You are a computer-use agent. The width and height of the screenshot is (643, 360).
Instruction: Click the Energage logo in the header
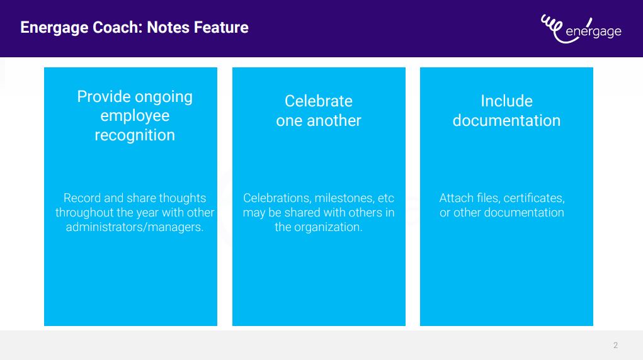pyautogui.click(x=581, y=29)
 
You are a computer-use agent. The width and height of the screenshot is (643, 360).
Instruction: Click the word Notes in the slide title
pyautogui.click(x=168, y=28)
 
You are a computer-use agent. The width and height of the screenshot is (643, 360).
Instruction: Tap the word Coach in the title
pyautogui.click(x=117, y=28)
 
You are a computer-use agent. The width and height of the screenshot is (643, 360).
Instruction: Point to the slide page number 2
pyautogui.click(x=615, y=346)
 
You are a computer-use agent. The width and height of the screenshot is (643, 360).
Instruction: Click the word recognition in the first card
pyautogui.click(x=135, y=135)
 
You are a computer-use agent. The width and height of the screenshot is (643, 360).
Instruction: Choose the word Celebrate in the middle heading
pyautogui.click(x=319, y=101)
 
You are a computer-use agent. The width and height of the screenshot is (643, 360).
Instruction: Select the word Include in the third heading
pyautogui.click(x=506, y=101)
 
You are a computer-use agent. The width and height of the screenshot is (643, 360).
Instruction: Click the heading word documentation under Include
pyautogui.click(x=506, y=121)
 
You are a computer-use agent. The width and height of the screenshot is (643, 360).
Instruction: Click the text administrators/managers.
pyautogui.click(x=135, y=227)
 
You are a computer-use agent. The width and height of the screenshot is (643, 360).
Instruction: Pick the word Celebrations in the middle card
pyautogui.click(x=276, y=198)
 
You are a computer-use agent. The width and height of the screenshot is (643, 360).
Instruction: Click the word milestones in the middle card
pyautogui.click(x=344, y=198)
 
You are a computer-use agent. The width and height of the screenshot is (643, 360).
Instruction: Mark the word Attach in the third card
pyautogui.click(x=456, y=198)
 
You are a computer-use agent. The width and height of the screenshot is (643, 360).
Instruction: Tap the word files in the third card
pyautogui.click(x=488, y=198)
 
